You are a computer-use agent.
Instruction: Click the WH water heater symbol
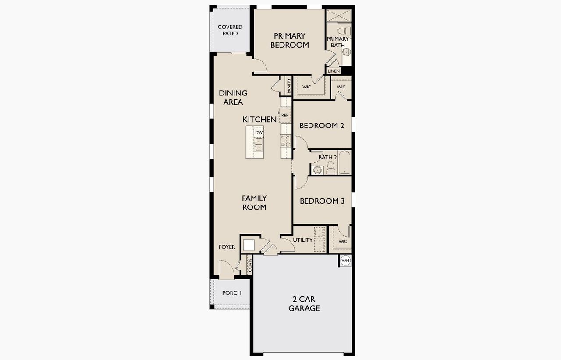(x=345, y=261)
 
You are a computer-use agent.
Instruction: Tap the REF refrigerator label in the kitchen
(x=285, y=115)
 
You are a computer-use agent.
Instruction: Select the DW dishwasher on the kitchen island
(x=259, y=132)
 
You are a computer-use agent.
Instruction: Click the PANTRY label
(x=288, y=86)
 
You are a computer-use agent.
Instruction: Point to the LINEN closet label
(x=334, y=71)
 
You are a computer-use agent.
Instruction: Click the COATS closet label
(x=249, y=265)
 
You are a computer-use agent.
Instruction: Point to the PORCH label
(x=231, y=293)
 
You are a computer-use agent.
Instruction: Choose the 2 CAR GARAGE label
(x=304, y=304)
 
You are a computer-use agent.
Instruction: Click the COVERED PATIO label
(x=230, y=30)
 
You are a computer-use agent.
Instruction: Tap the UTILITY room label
(x=302, y=240)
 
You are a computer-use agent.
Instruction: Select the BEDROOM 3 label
(x=322, y=201)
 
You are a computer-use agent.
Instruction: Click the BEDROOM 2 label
(x=322, y=125)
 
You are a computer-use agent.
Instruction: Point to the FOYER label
(x=227, y=247)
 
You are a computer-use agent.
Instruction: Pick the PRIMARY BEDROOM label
(x=289, y=40)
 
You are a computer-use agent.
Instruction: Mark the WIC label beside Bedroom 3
(x=343, y=241)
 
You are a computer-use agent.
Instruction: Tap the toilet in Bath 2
(x=330, y=168)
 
